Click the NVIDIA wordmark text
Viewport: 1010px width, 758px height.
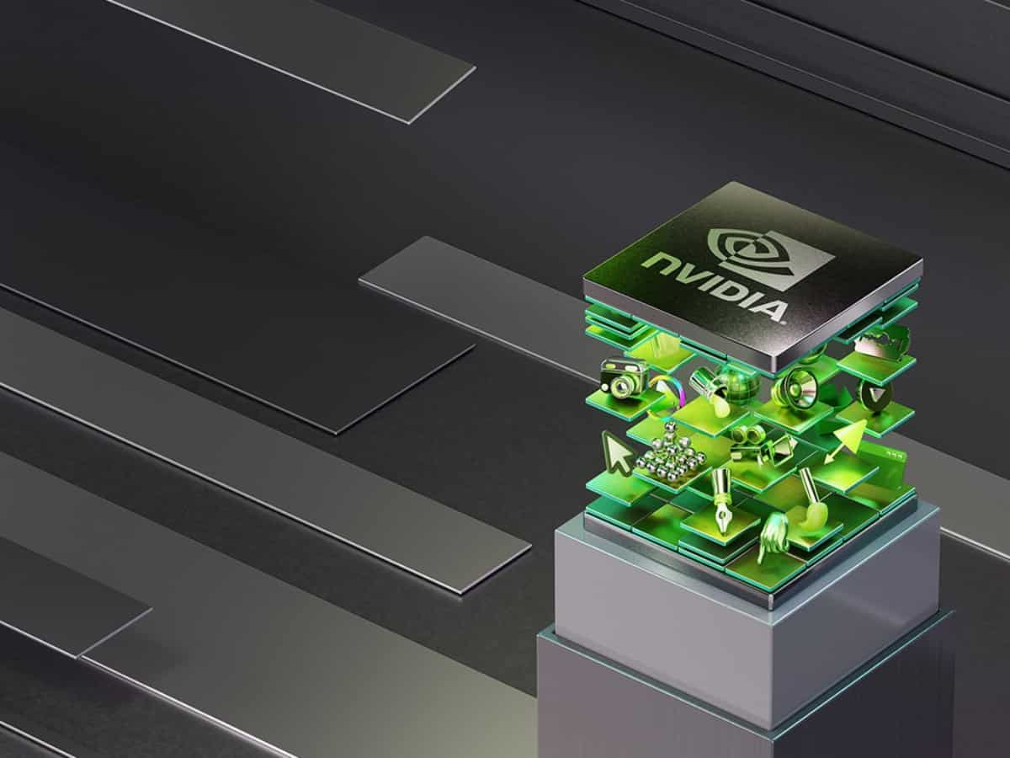pyautogui.click(x=715, y=287)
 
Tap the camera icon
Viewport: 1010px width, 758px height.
pyautogui.click(x=624, y=378)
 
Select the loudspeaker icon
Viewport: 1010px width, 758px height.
pyautogui.click(x=795, y=387)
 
